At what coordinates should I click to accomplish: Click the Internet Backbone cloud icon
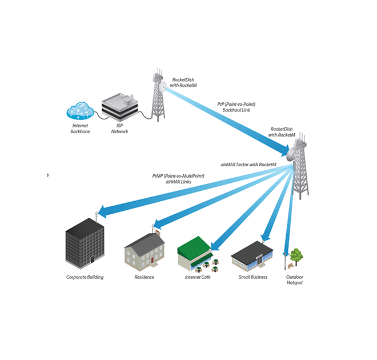pyautogui.click(x=80, y=110)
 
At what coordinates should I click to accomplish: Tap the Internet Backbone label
pyautogui.click(x=81, y=129)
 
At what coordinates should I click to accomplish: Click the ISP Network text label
pyautogui.click(x=119, y=129)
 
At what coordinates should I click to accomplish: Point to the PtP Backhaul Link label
pyautogui.click(x=236, y=107)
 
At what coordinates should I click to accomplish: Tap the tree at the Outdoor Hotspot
pyautogui.click(x=296, y=255)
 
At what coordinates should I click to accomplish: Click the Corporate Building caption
pyautogui.click(x=85, y=277)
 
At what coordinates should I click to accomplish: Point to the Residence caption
pyautogui.click(x=144, y=277)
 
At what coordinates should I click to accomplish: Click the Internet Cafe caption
pyautogui.click(x=198, y=277)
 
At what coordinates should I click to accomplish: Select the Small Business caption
pyautogui.click(x=252, y=277)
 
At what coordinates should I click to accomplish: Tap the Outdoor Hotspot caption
pyautogui.click(x=294, y=280)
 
